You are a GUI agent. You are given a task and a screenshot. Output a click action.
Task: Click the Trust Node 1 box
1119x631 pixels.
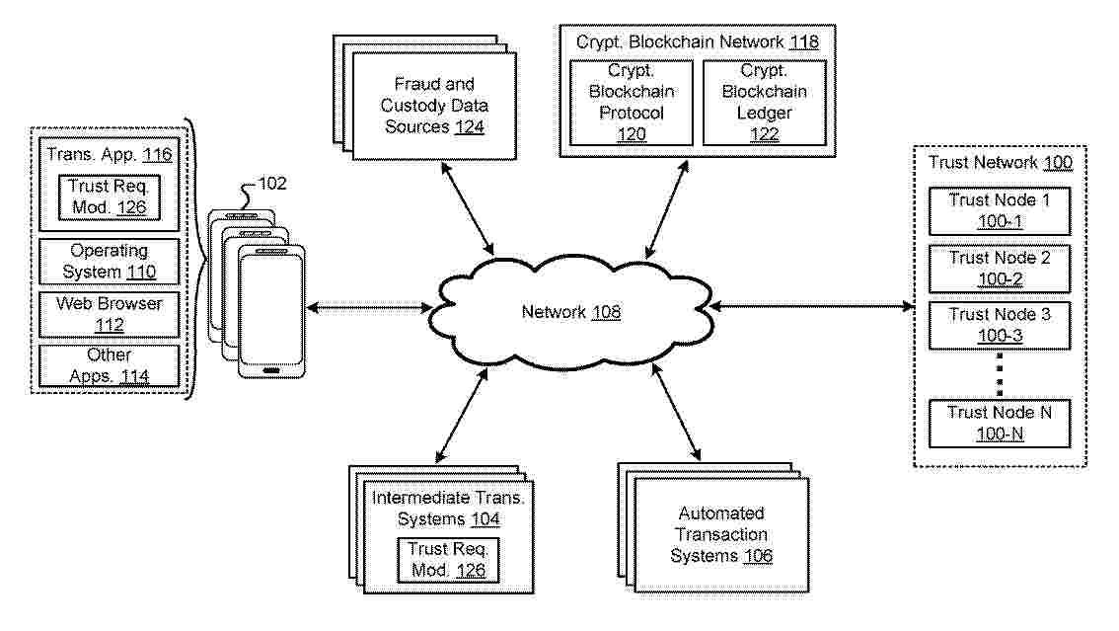999,210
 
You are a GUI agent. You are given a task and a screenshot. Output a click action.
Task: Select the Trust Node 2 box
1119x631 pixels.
999,269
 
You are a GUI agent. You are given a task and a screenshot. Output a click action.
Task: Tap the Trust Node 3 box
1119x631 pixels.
999,326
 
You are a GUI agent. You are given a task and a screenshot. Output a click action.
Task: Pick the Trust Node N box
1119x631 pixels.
999,424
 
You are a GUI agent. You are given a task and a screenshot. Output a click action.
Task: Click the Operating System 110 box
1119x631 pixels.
110,262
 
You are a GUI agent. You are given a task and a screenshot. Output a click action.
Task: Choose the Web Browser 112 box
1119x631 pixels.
110,314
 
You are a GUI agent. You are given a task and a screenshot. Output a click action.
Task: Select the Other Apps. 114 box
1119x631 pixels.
110,365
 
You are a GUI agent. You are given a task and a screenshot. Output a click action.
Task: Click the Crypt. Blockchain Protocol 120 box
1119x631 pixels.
631,103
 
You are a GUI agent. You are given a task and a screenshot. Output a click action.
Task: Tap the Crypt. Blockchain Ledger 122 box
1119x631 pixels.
765,103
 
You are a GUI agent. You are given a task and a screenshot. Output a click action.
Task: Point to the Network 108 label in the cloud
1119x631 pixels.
571,312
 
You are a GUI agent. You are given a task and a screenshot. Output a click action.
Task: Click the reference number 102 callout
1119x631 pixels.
272,184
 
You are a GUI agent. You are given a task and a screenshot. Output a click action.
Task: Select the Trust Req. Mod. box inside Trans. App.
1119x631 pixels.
110,197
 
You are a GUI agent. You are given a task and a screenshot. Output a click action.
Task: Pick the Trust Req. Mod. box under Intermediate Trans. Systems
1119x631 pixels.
448,560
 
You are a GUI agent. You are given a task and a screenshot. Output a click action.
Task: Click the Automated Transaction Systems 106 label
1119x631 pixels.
721,534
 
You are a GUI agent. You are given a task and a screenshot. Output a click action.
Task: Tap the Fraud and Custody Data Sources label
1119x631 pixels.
434,106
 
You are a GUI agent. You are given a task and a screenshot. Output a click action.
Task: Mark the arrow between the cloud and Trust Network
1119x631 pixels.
812,307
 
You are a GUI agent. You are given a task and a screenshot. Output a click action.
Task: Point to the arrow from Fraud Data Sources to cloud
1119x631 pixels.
468,208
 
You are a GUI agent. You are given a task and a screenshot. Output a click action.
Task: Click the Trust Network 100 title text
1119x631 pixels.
1001,163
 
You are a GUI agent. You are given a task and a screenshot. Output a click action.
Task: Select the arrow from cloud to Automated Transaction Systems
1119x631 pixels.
676,412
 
